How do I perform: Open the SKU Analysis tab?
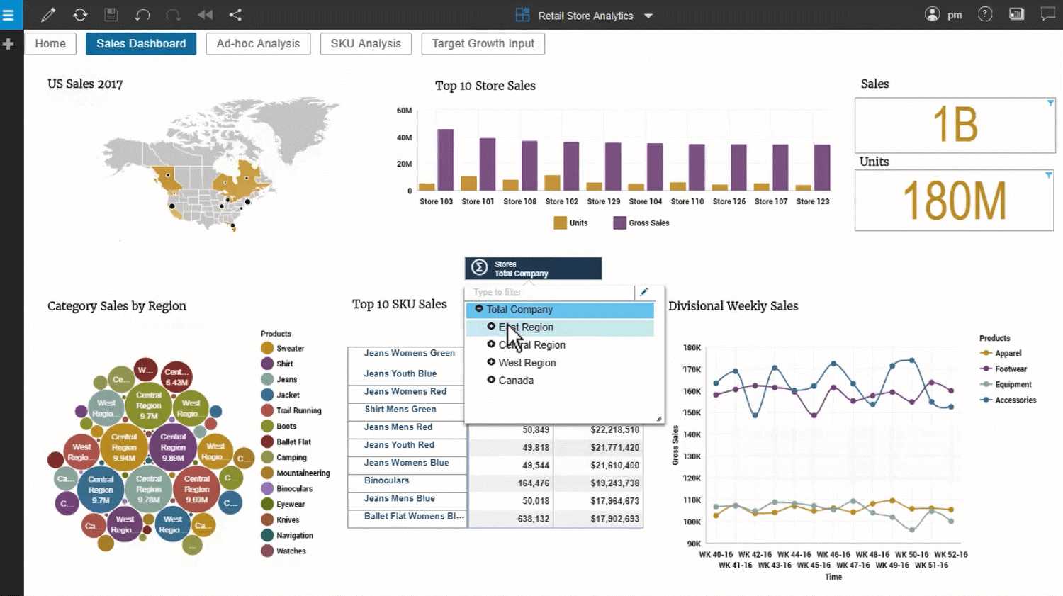click(x=366, y=44)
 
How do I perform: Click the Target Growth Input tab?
click(x=483, y=44)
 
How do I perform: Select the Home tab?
click(x=50, y=44)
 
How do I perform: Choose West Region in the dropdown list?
click(x=527, y=363)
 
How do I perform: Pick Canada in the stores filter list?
click(x=516, y=381)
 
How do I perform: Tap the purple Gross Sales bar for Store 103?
click(x=445, y=160)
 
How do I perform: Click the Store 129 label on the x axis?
click(x=603, y=202)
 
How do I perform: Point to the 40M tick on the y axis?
click(x=404, y=137)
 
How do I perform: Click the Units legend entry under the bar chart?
click(x=572, y=223)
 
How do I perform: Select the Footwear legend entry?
click(x=1010, y=369)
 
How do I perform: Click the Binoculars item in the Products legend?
click(x=293, y=489)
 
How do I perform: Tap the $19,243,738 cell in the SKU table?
click(x=614, y=483)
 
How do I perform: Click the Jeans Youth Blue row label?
click(x=400, y=373)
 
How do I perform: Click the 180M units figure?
click(x=954, y=201)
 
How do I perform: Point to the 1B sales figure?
click(x=955, y=125)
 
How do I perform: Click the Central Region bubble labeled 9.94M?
click(x=124, y=448)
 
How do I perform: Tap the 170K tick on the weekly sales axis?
click(x=692, y=370)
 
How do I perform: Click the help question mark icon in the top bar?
click(x=985, y=14)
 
